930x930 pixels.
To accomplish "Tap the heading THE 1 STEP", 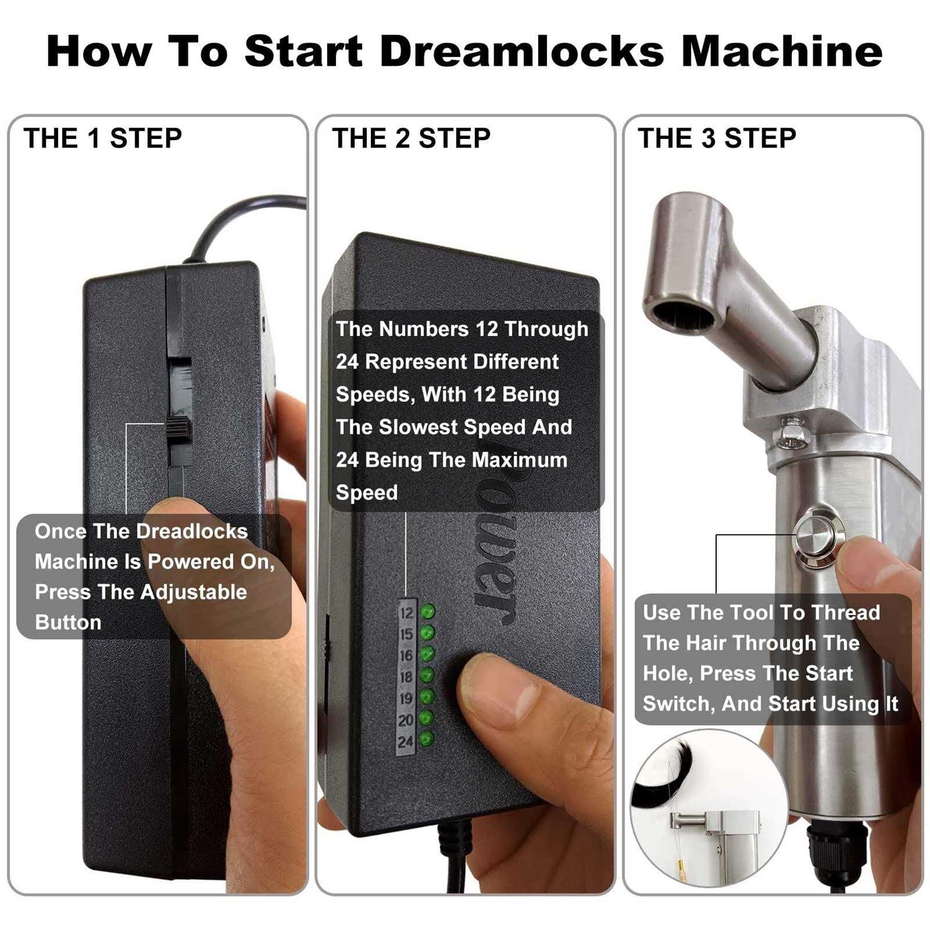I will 102,138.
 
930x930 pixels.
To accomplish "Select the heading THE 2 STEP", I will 410,138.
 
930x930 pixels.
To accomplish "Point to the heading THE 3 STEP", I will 717,138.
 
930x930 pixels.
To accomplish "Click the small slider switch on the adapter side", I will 179,428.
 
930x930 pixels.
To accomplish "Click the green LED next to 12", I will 428,612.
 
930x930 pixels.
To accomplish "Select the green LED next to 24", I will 427,739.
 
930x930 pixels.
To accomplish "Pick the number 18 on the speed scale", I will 406,677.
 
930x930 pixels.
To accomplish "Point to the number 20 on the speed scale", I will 406,720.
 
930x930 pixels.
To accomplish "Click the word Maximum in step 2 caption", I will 518,460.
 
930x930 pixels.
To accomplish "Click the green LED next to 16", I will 427,654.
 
